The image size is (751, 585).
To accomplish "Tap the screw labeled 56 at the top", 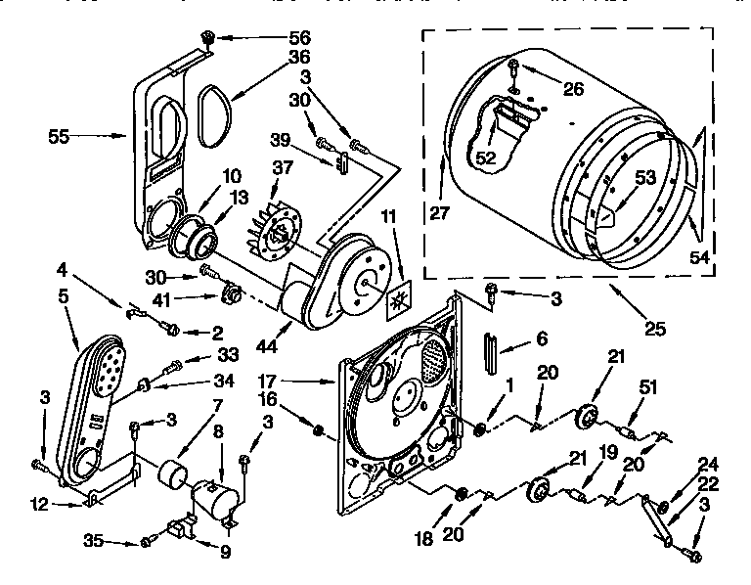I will pos(207,38).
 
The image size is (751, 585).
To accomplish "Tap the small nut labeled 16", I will pos(318,427).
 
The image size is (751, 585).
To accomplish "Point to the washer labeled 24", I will pos(665,507).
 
